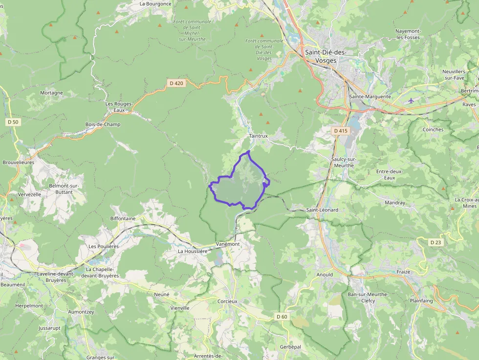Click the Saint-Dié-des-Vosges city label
point(325,56)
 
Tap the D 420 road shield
point(176,83)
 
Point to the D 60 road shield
point(282,317)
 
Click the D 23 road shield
point(435,242)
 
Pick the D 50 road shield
point(13,122)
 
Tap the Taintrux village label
point(258,136)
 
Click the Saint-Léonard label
point(322,210)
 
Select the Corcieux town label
point(227,301)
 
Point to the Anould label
point(325,275)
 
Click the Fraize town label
point(403,272)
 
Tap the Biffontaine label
point(123,218)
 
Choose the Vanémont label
point(228,244)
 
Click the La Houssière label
point(193,251)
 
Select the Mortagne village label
point(51,93)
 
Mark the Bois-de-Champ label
point(103,124)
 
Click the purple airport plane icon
point(411,101)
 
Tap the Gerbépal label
point(290,346)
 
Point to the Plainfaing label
point(421,301)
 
